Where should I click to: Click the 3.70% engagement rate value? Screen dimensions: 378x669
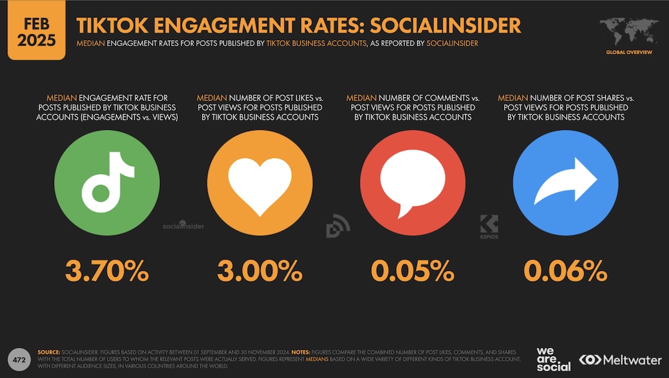point(107,271)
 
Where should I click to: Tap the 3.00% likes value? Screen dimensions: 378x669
point(259,271)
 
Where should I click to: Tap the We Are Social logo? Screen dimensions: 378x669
point(553,359)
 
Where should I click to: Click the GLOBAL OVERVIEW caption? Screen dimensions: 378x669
point(628,52)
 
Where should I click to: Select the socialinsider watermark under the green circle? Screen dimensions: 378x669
point(183,226)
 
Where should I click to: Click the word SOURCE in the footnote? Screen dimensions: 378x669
point(49,352)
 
